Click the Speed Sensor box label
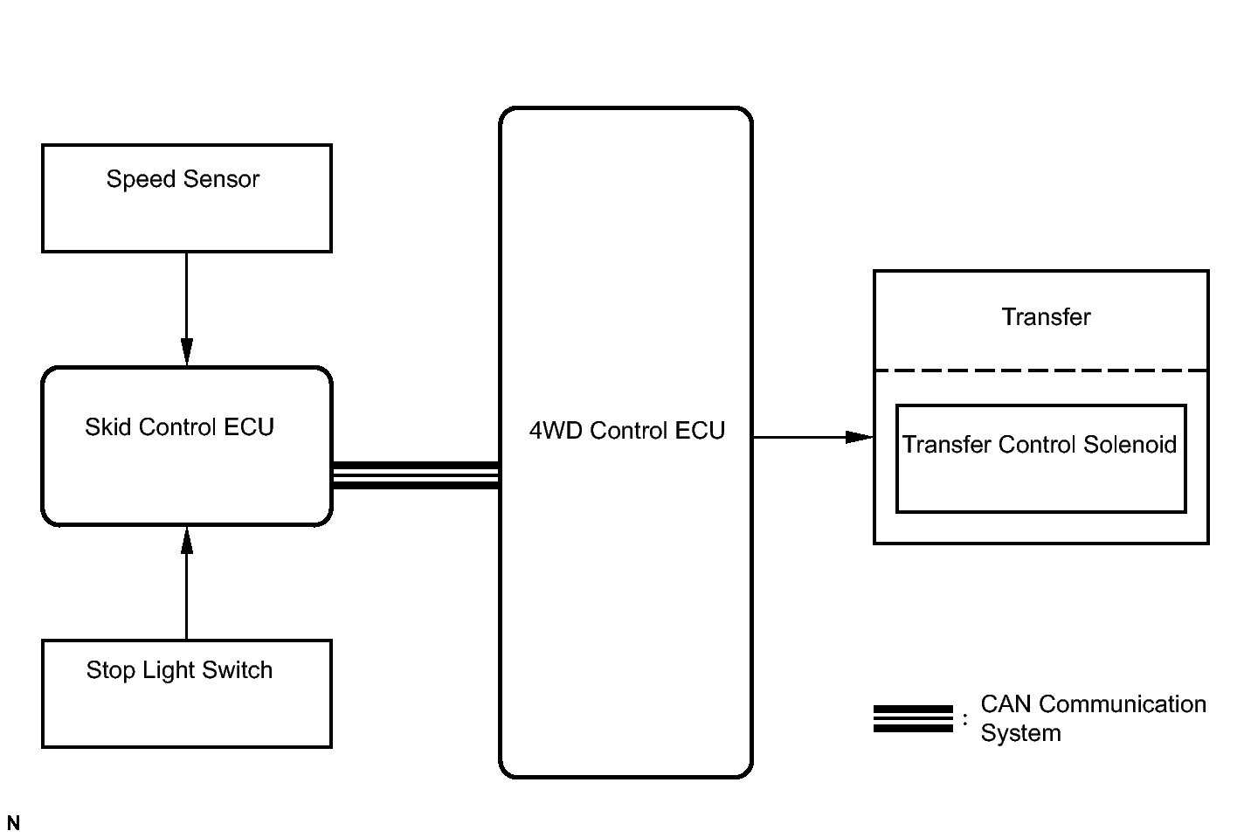[183, 179]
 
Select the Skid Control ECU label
[179, 427]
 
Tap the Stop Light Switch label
[179, 670]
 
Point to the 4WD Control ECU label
[626, 431]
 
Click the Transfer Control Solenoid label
[1040, 445]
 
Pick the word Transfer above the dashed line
[1046, 317]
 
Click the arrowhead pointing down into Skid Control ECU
[186, 352]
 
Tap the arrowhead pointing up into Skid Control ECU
[186, 540]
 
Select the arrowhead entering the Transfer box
[860, 437]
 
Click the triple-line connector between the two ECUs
[416, 474]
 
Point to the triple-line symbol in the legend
[913, 718]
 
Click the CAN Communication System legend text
[1093, 718]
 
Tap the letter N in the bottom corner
[13, 823]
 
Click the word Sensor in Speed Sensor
[221, 179]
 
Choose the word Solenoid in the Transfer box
[1130, 445]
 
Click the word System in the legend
[1020, 733]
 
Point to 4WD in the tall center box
[556, 431]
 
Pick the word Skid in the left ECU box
[107, 427]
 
